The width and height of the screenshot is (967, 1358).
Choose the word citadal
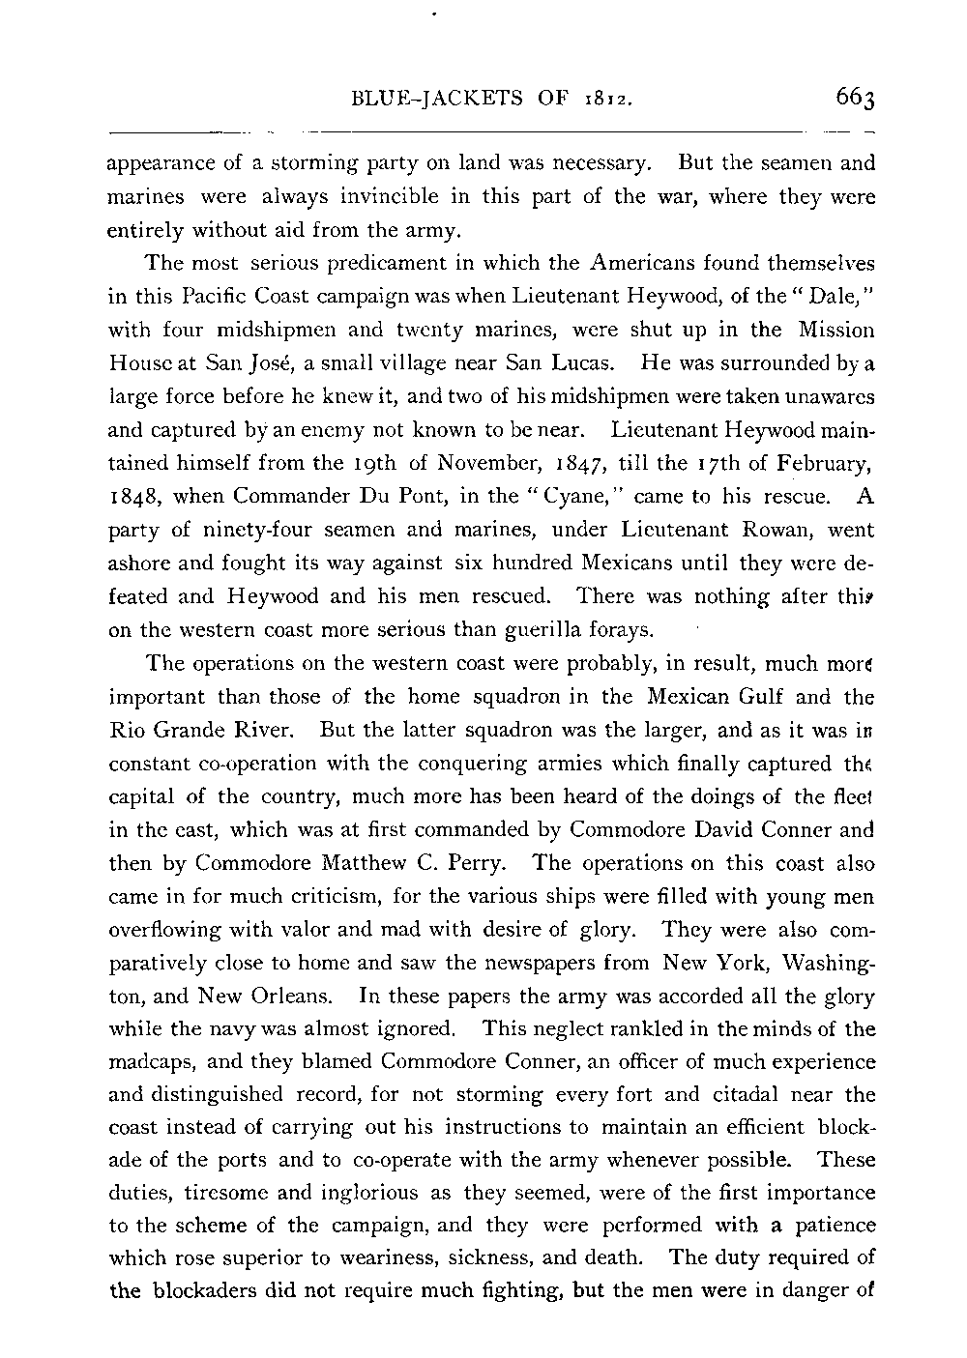(750, 1095)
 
